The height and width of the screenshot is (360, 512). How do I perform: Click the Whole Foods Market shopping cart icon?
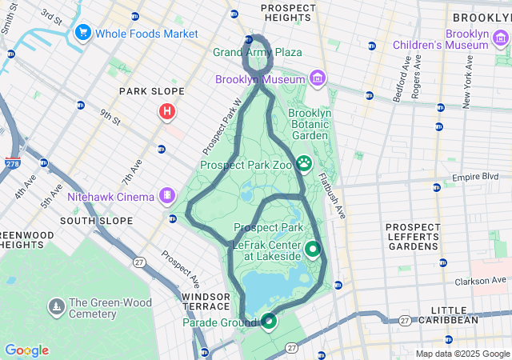(82, 34)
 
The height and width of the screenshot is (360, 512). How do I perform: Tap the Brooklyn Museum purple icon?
(318, 78)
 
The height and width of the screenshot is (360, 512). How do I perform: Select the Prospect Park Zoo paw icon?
(305, 165)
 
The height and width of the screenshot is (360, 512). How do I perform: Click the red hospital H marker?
(166, 112)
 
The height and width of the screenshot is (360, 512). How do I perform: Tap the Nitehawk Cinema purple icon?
(166, 195)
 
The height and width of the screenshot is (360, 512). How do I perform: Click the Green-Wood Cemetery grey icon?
(56, 306)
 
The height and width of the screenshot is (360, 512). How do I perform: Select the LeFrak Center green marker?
(311, 249)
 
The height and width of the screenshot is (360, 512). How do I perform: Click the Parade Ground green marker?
(269, 321)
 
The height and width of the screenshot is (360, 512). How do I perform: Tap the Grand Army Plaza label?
(258, 53)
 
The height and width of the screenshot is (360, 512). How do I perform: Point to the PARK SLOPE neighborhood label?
(152, 92)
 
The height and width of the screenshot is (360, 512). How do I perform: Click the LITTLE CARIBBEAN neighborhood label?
(454, 314)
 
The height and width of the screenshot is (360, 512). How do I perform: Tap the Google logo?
(26, 350)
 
